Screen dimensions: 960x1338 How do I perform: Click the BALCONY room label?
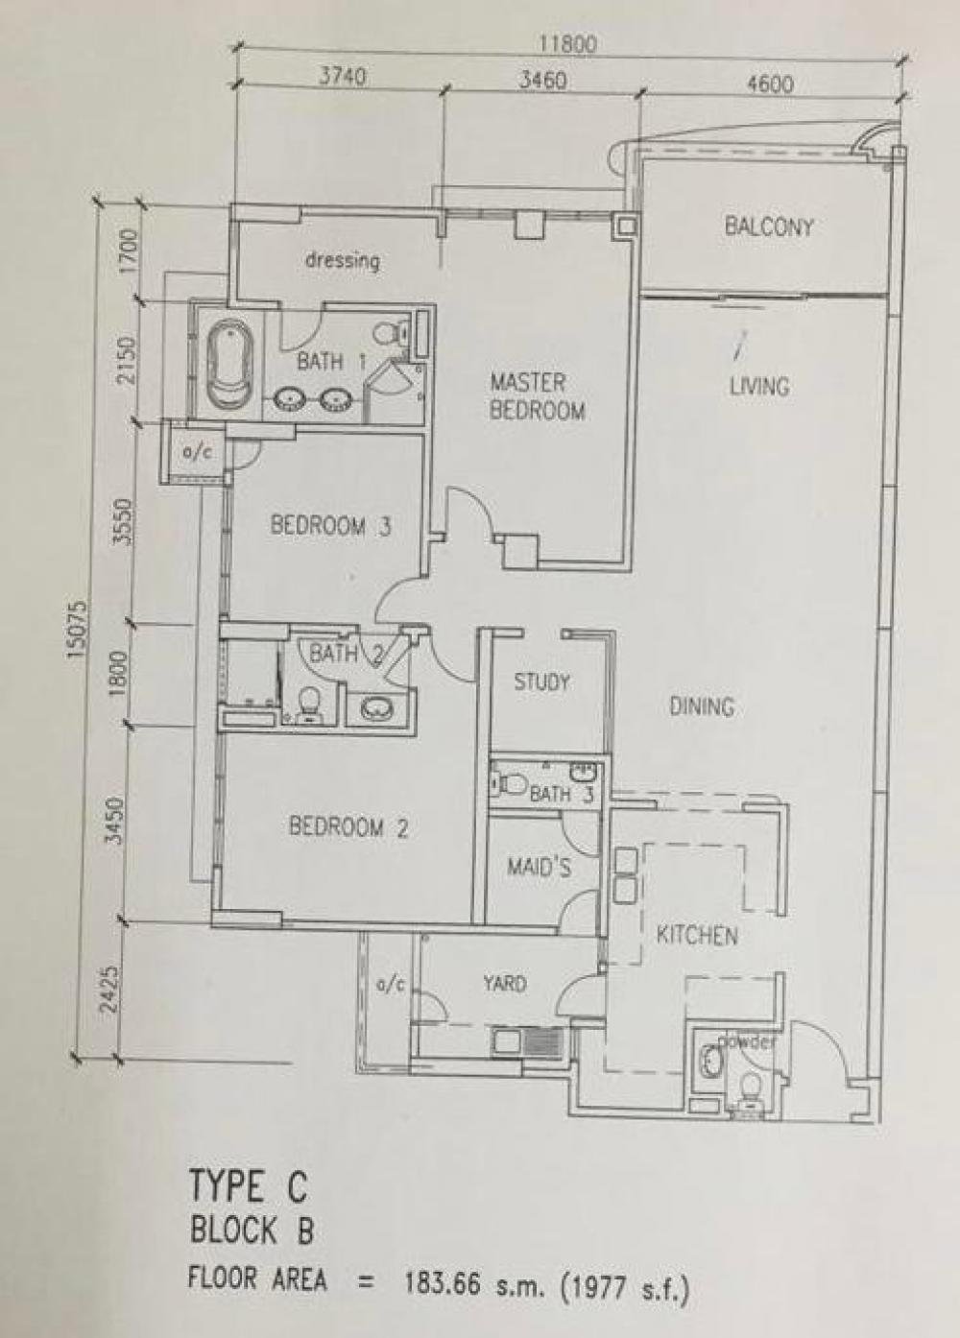click(769, 227)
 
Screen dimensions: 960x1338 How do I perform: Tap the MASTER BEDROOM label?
click(537, 396)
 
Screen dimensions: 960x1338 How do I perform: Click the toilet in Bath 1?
click(392, 330)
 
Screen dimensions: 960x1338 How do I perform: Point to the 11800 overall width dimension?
click(568, 44)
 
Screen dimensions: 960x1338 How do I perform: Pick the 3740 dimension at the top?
click(341, 77)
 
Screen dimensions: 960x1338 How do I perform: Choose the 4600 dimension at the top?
click(771, 84)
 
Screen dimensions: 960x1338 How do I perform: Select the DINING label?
click(702, 706)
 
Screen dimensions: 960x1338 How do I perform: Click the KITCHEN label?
click(697, 936)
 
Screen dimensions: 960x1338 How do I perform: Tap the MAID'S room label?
click(539, 868)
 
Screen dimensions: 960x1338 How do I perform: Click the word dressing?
click(343, 261)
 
